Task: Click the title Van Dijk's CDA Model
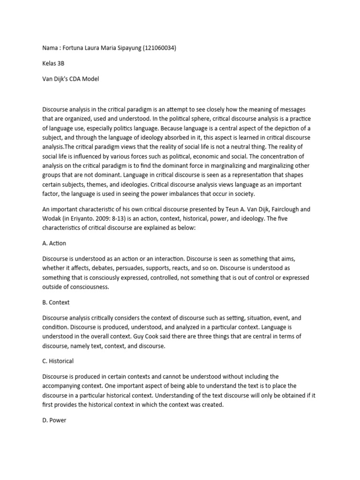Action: (71, 79)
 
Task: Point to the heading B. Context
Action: (56, 303)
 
